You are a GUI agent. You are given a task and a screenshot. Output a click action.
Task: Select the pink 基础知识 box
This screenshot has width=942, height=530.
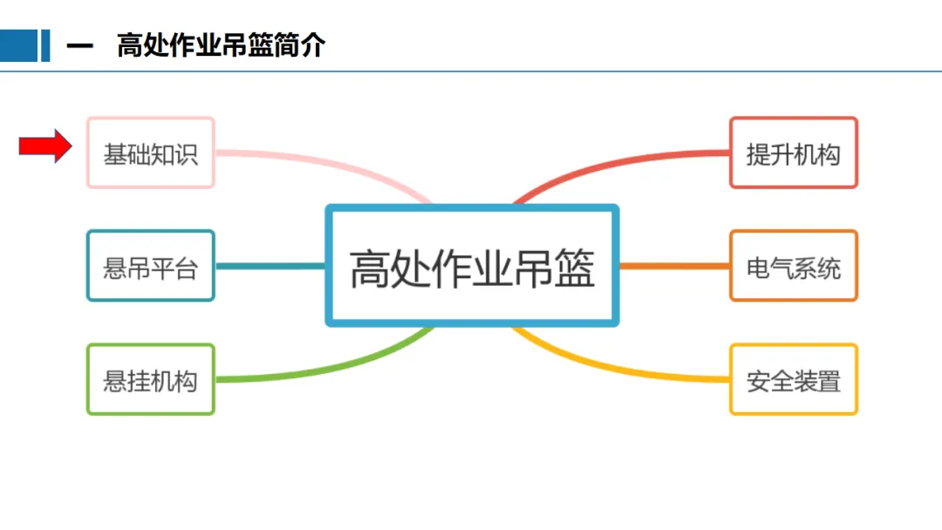click(150, 153)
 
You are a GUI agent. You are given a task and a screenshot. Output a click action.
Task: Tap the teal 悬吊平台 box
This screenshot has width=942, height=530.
click(150, 266)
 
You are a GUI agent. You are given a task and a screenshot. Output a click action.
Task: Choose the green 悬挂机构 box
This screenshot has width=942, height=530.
click(150, 379)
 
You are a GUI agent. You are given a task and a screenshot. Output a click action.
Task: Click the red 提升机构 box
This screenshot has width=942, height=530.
click(793, 153)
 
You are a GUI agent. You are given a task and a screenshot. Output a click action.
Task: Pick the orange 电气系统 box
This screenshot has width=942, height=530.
click(793, 266)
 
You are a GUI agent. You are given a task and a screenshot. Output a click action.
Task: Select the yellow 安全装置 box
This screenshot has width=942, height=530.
click(793, 379)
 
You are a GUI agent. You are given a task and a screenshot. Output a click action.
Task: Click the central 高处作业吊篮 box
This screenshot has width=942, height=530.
click(471, 266)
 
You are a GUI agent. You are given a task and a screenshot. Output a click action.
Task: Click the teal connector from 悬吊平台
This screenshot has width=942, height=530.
click(270, 266)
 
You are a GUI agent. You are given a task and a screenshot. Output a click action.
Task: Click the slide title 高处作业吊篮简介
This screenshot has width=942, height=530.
click(221, 46)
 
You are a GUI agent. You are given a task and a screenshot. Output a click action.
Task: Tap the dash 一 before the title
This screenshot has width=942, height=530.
click(79, 46)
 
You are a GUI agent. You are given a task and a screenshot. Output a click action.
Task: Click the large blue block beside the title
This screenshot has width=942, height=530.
click(18, 46)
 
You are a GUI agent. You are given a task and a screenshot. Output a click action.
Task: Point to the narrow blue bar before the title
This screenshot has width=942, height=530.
click(45, 46)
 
